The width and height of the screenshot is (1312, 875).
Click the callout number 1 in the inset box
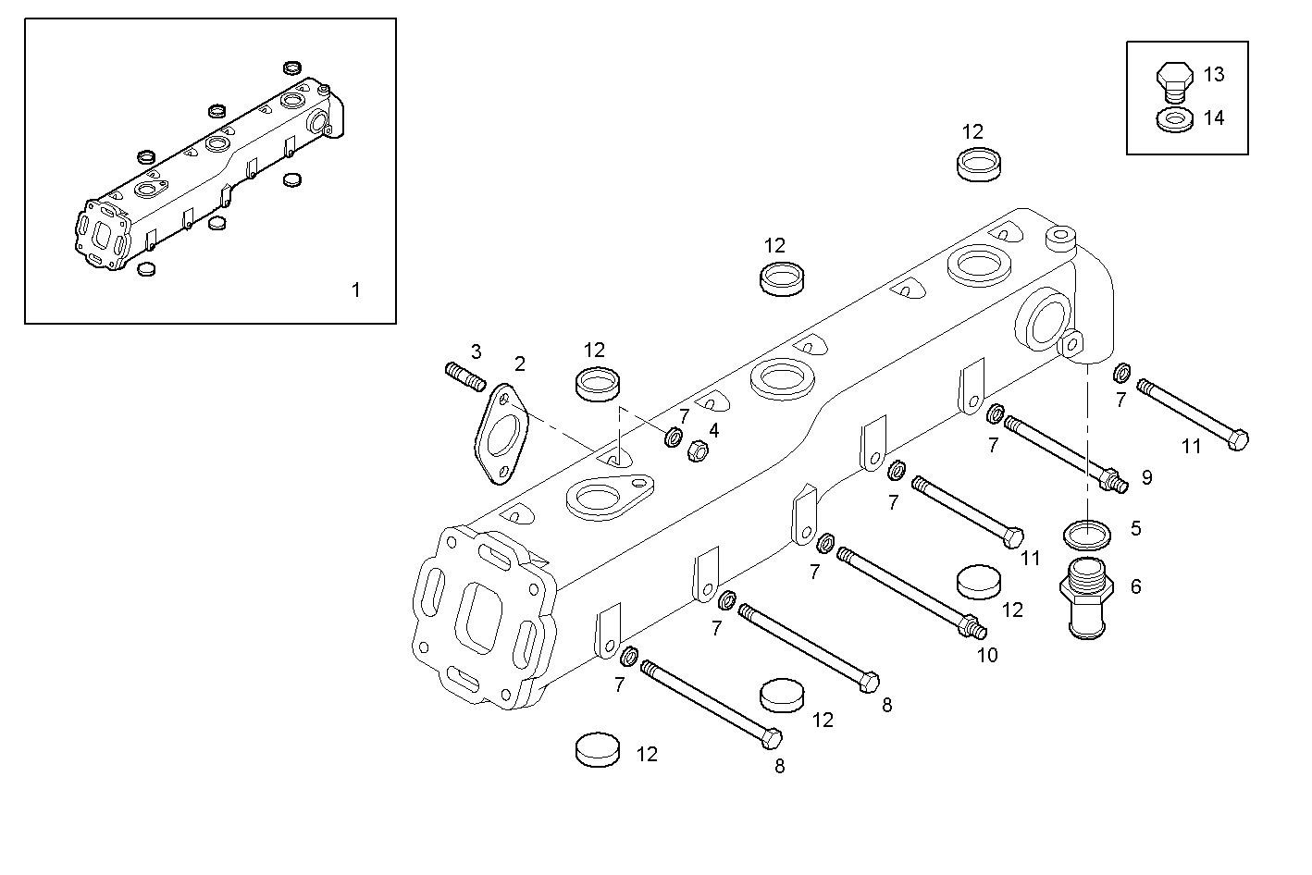355,290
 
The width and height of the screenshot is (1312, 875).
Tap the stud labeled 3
465,376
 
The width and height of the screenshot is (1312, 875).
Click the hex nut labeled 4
699,451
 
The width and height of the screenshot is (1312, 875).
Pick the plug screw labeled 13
1172,80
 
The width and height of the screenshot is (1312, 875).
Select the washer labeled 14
1173,119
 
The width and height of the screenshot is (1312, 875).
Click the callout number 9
1146,477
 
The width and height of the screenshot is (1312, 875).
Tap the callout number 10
987,655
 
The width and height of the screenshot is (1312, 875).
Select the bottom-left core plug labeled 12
597,749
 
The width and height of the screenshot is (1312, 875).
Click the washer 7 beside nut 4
675,437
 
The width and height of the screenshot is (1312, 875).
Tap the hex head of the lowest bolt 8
772,738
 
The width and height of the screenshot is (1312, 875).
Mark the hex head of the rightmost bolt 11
1238,440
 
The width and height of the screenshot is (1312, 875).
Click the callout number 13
1213,74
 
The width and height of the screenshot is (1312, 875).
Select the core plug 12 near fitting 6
977,582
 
